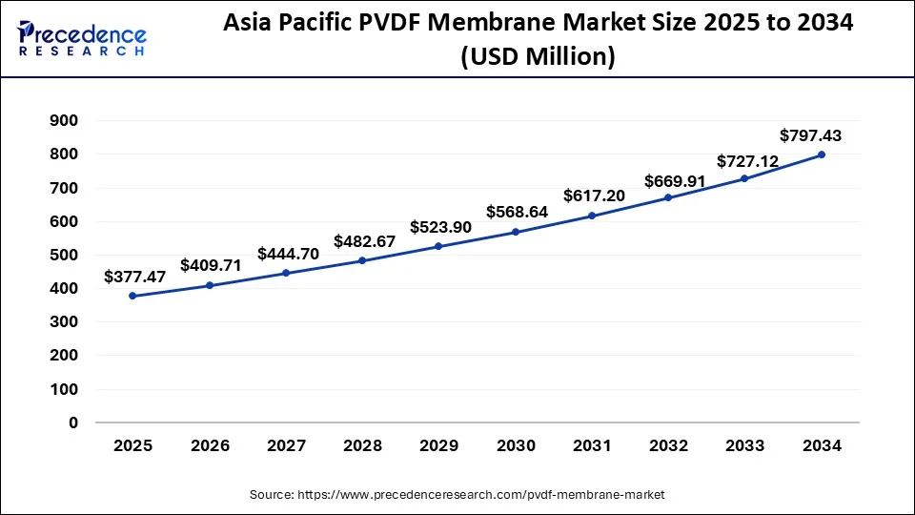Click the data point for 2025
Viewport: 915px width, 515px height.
point(132,296)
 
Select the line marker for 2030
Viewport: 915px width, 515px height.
point(516,232)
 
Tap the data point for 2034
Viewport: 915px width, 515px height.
point(822,154)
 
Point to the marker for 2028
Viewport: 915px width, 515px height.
point(362,260)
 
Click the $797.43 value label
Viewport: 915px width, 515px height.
point(810,135)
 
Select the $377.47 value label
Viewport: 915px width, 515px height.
point(133,278)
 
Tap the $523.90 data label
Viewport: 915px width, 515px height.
point(440,228)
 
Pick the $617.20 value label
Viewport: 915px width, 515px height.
point(594,196)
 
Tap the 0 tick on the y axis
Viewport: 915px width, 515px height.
point(73,422)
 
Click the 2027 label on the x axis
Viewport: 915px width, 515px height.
point(286,445)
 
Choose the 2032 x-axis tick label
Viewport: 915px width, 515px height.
point(669,445)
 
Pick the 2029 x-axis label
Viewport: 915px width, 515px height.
point(438,445)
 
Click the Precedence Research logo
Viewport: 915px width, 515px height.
point(82,38)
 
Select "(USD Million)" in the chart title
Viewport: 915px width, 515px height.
point(538,57)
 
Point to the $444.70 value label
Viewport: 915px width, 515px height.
point(287,254)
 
